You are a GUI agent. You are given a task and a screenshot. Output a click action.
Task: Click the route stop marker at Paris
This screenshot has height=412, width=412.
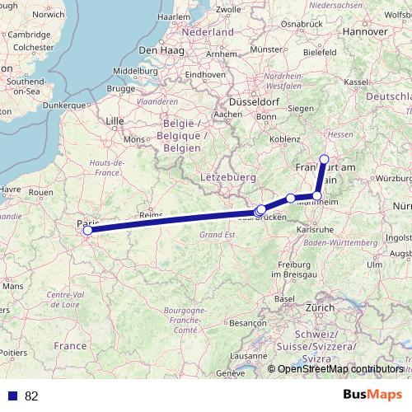87,230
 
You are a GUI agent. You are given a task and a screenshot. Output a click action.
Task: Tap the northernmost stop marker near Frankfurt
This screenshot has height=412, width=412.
324,159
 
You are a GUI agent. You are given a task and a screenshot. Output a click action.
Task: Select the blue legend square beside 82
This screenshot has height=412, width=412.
12,396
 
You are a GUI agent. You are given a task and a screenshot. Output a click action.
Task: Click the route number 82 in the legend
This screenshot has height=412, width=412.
32,396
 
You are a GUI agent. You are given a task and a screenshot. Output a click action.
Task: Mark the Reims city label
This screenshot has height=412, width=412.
151,214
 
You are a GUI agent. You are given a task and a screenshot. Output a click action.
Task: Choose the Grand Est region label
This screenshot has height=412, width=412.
218,234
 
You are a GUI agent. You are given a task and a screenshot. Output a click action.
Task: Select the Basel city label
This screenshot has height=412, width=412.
285,297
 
